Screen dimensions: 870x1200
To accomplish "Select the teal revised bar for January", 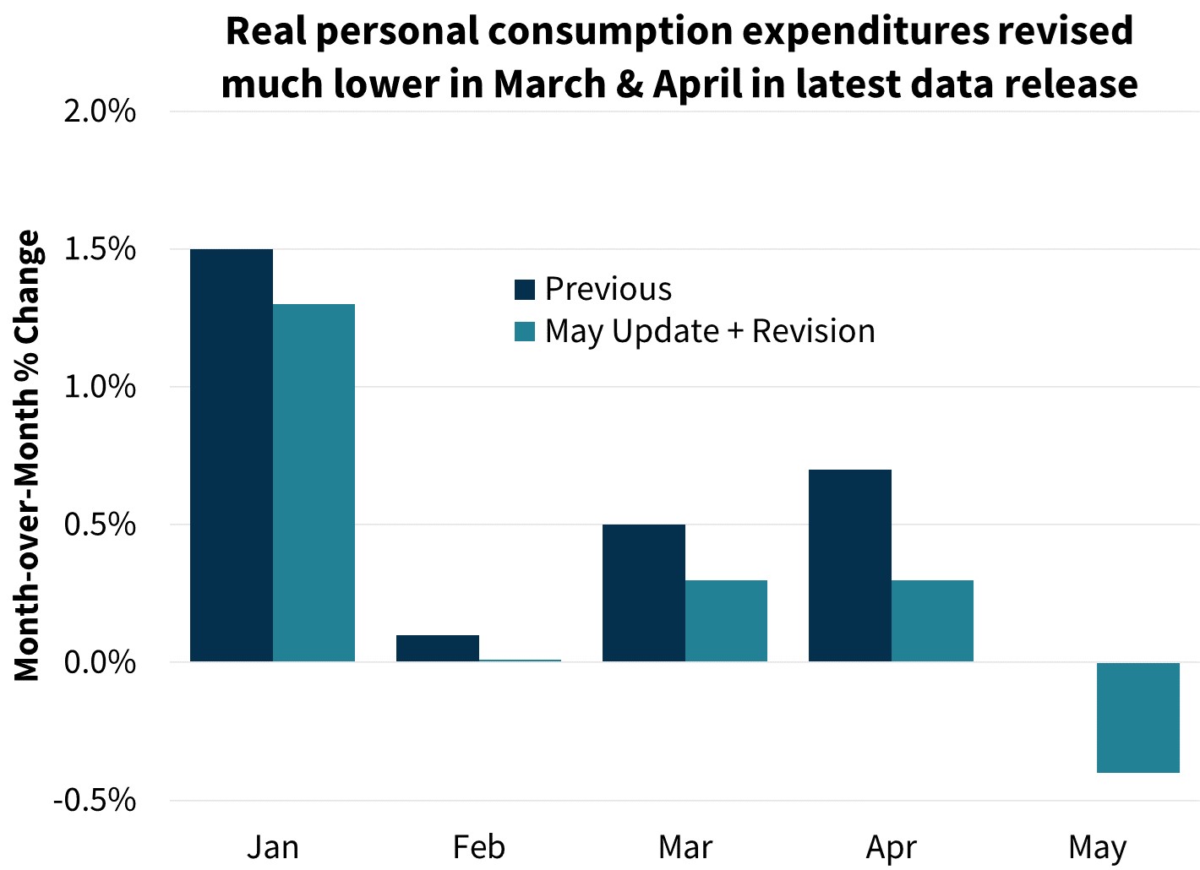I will [314, 482].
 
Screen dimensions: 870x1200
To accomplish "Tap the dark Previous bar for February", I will [437, 648].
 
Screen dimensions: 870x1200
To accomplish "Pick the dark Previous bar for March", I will [643, 592].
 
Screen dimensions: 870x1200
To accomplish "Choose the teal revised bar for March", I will [726, 620].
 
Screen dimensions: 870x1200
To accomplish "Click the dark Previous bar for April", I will [849, 565].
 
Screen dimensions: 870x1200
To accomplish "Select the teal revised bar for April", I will [932, 620].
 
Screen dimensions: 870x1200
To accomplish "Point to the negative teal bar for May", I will [1137, 717].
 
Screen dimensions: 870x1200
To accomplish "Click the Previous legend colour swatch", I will [525, 290].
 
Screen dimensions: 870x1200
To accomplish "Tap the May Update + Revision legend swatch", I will [525, 332].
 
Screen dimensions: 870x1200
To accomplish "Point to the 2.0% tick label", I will [100, 111].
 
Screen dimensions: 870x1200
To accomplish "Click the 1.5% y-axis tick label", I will [100, 249].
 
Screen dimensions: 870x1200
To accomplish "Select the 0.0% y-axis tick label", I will [100, 662].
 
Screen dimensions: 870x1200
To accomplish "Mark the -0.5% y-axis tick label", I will [95, 800].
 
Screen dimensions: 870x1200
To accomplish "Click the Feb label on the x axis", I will [478, 847].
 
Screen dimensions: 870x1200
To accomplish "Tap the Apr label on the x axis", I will [891, 847].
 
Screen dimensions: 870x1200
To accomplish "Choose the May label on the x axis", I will [1097, 847].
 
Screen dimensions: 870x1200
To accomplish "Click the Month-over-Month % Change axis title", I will [27, 455].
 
